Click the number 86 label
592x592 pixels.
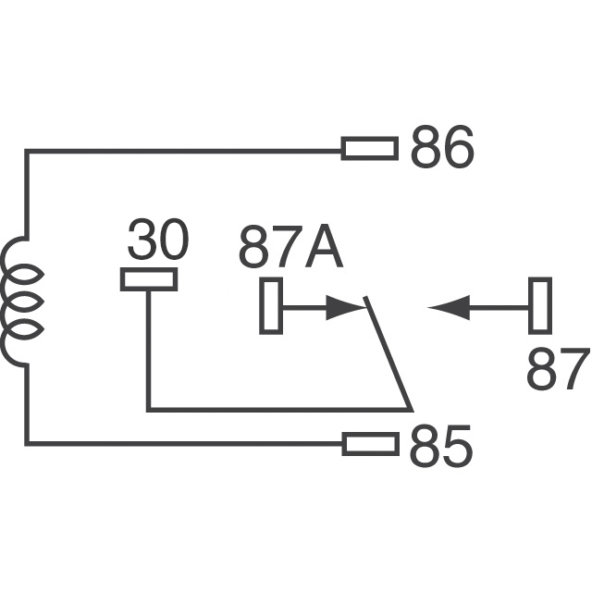tap(441, 148)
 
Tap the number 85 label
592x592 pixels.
tap(441, 446)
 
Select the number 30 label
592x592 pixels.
tap(157, 241)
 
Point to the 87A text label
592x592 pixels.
tap(290, 247)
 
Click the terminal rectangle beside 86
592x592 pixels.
tap(370, 148)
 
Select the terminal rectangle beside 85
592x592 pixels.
tap(370, 445)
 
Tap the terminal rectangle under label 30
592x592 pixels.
tap(149, 279)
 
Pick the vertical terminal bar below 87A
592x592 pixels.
tap(270, 305)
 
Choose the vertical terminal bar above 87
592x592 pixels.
tap(540, 305)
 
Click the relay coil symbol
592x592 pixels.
tap(20, 301)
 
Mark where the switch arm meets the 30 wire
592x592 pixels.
tap(410, 408)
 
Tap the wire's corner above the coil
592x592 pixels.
tap(28, 150)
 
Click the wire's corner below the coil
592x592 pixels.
tap(28, 444)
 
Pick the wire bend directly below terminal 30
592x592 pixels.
tap(149, 408)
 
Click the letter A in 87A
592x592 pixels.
tap(323, 247)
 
